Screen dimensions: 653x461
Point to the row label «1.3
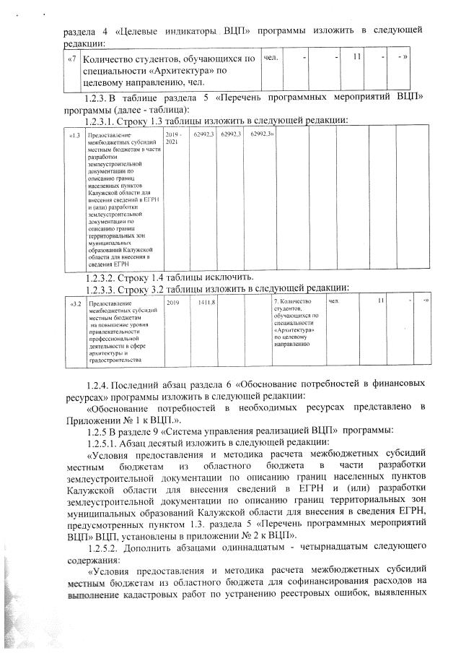pos(74,135)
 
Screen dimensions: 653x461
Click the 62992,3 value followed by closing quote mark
pos(263,135)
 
